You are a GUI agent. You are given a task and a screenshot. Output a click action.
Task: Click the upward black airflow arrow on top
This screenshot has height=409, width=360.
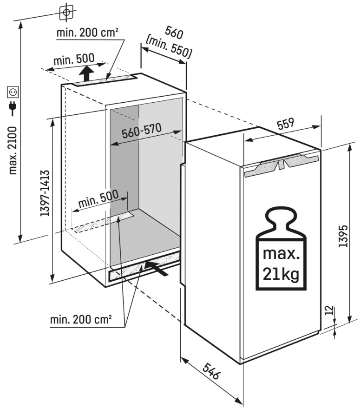coord(85,73)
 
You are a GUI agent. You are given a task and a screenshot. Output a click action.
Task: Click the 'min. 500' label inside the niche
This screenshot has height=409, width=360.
coord(98,200)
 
